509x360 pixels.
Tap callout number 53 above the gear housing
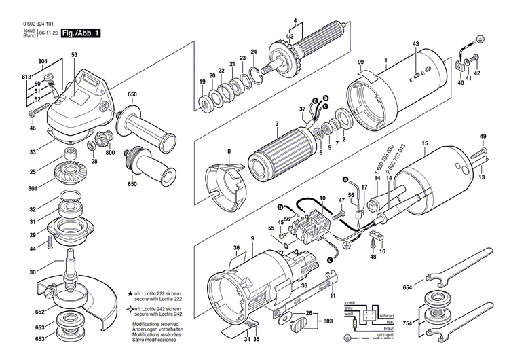click(74, 54)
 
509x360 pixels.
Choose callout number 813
click(26, 77)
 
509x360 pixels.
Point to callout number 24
click(253, 52)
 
